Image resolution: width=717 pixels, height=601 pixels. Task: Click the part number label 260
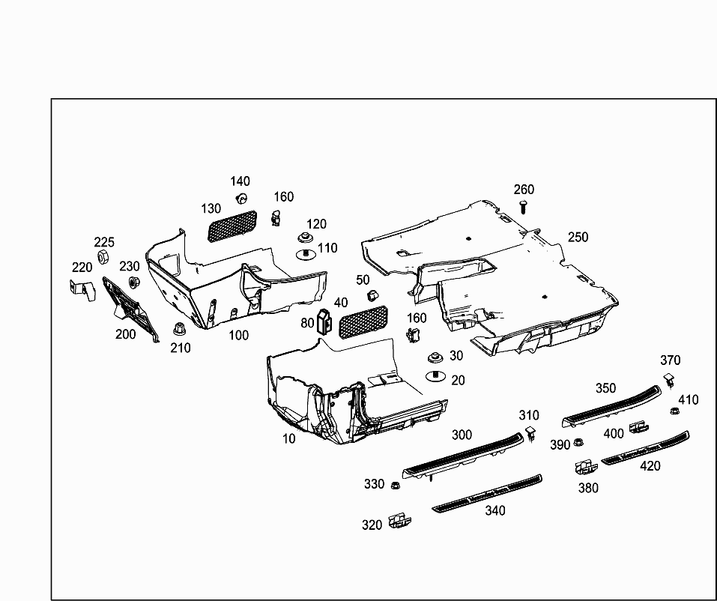pos(524,190)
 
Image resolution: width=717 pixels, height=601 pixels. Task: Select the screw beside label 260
pos(524,207)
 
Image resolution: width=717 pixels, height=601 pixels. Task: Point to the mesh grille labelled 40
pos(363,321)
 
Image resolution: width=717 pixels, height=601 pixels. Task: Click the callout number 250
pos(578,237)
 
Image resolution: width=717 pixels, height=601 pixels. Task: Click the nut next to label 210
pos(179,328)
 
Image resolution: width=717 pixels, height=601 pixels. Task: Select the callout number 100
pos(238,335)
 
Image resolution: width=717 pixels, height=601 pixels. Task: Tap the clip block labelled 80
pos(324,320)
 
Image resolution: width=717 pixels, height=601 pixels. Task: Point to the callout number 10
pos(289,438)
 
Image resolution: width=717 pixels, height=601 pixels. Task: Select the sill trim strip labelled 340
pos(487,492)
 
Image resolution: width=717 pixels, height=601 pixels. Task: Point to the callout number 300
pos(462,435)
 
